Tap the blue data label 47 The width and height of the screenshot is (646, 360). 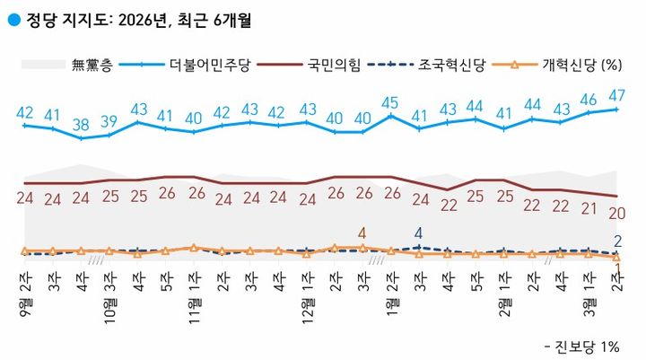(x=617, y=94)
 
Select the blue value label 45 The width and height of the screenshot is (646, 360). (x=389, y=101)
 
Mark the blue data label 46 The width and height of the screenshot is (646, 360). (x=589, y=99)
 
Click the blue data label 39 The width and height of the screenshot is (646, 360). (x=109, y=121)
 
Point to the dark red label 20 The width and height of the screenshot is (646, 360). (x=617, y=213)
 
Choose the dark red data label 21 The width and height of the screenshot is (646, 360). (x=589, y=208)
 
